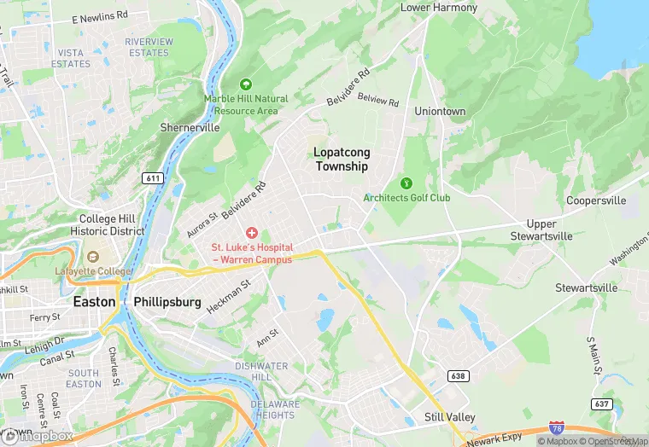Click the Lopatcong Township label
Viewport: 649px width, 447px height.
pyautogui.click(x=342, y=160)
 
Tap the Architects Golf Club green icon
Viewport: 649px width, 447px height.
pyautogui.click(x=406, y=183)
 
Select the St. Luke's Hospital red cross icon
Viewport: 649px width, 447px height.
pyautogui.click(x=252, y=233)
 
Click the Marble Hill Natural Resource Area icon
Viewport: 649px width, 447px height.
pyautogui.click(x=246, y=84)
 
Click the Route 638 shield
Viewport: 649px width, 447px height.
pyautogui.click(x=459, y=375)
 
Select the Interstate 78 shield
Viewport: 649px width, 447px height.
pyautogui.click(x=557, y=432)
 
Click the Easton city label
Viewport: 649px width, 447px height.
pyautogui.click(x=94, y=302)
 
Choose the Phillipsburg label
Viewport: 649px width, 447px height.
pyautogui.click(x=167, y=302)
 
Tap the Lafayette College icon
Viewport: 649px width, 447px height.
pyautogui.click(x=92, y=256)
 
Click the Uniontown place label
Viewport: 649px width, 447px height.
pyautogui.click(x=440, y=112)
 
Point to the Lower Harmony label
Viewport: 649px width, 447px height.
pyautogui.click(x=439, y=8)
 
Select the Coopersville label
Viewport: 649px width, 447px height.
pyautogui.click(x=596, y=200)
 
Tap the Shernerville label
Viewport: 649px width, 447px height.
pyautogui.click(x=190, y=127)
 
